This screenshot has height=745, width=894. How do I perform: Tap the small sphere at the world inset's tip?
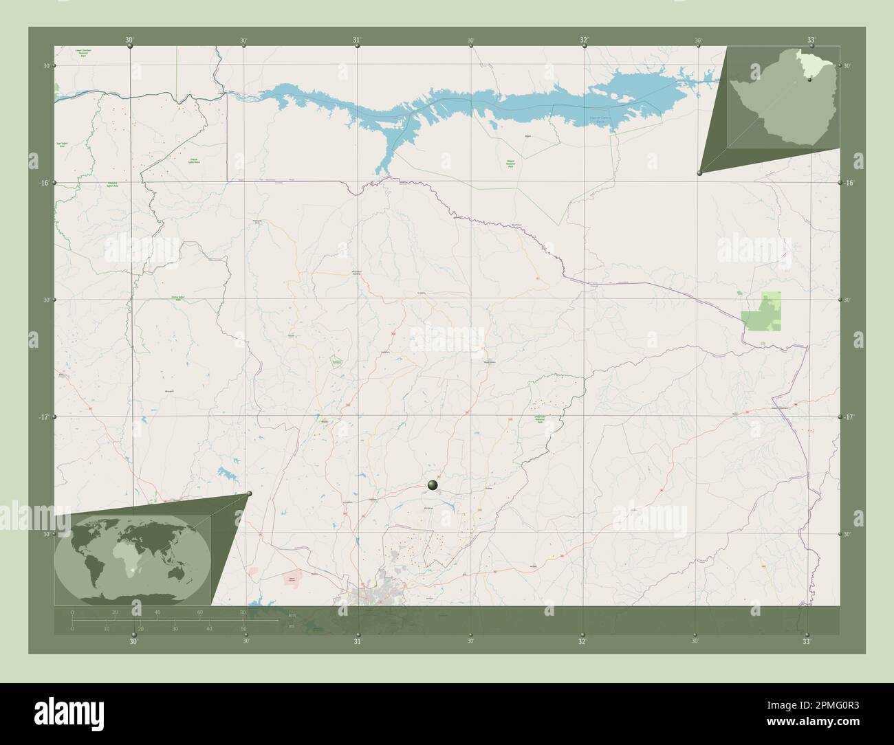click(x=249, y=493)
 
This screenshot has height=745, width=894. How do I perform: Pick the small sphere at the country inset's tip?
click(x=699, y=173)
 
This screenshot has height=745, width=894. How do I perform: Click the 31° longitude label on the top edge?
click(x=357, y=40)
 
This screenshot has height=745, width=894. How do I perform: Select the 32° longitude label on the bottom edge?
click(x=582, y=641)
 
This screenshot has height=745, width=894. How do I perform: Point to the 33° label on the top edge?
click(x=811, y=40)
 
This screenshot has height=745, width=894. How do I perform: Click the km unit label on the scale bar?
click(x=292, y=615)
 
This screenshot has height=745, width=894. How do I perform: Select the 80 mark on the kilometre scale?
click(x=242, y=612)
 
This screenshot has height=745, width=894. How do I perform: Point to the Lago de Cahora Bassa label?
click(x=600, y=120)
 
